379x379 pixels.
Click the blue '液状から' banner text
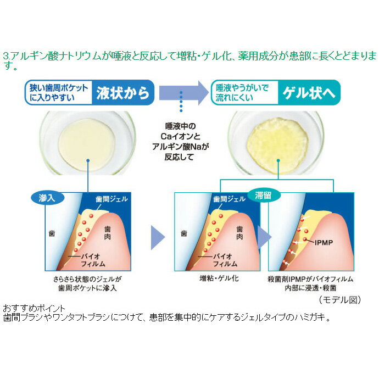[123, 93]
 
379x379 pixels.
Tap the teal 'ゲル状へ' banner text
[309, 93]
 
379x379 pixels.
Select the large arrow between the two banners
[183, 93]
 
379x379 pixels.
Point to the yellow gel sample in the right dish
[278, 145]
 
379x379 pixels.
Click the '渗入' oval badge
[47, 198]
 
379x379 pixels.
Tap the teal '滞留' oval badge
[264, 195]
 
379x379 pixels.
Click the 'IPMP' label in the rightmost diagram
[324, 242]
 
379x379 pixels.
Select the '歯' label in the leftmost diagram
[52, 233]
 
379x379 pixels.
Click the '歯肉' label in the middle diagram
[239, 233]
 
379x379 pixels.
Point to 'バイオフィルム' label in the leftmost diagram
[93, 260]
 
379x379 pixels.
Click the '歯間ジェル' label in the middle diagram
[229, 199]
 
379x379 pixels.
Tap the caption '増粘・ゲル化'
[219, 278]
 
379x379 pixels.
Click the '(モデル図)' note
[340, 300]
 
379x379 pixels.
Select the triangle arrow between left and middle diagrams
[158, 238]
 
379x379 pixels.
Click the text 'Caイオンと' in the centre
[181, 137]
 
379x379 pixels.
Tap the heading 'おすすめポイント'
[34, 309]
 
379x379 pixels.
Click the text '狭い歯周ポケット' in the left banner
[58, 88]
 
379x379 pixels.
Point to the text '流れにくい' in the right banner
[234, 98]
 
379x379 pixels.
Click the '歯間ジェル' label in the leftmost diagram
[112, 199]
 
